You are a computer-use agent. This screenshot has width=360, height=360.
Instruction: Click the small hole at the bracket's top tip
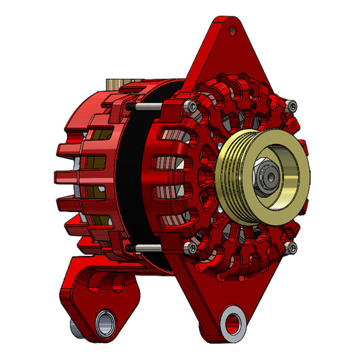point(234,29)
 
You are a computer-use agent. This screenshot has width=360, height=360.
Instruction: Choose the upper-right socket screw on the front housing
point(292,105)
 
